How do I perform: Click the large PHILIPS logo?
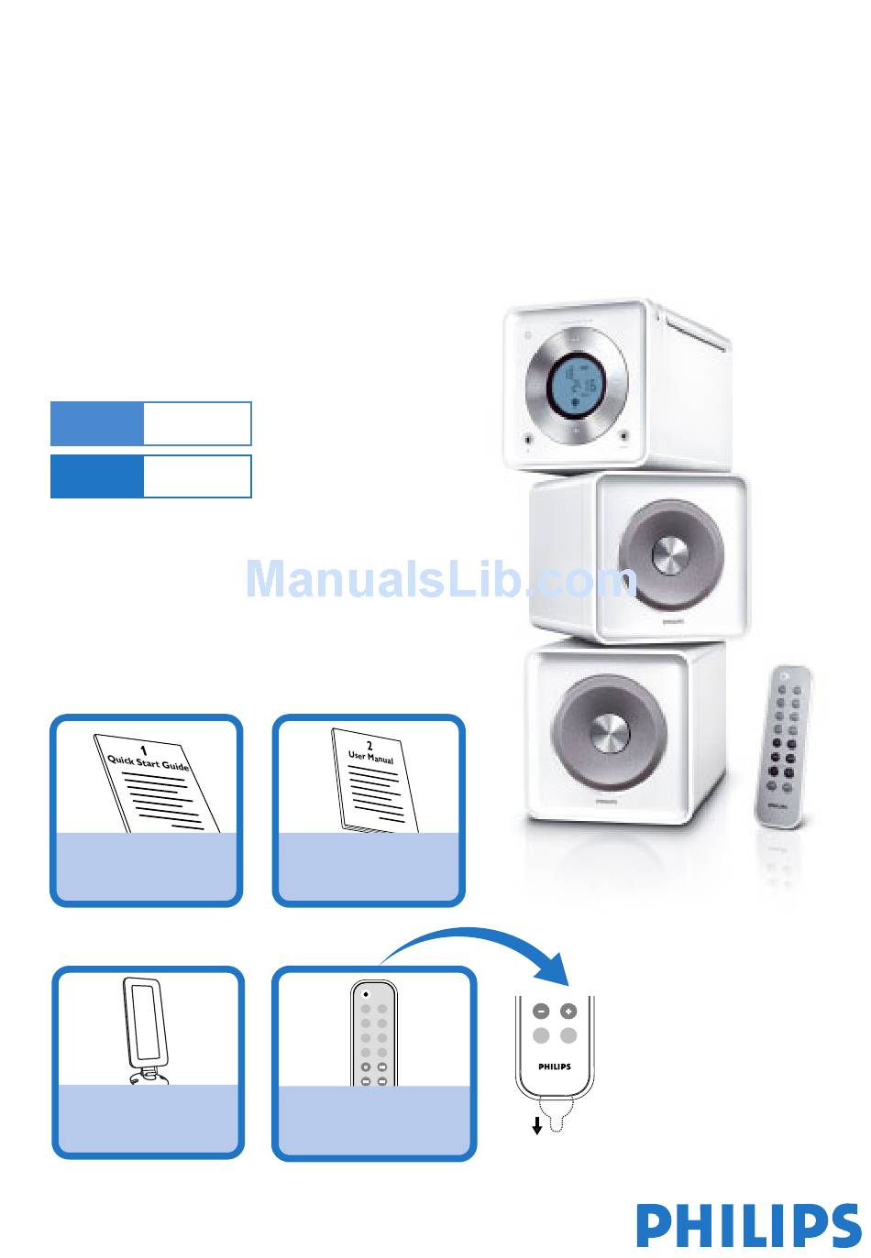coord(748,1225)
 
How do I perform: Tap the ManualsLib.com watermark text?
coord(440,580)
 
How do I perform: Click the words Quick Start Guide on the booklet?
coord(149,762)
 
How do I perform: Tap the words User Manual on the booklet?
coord(371,758)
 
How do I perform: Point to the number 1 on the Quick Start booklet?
coord(144,750)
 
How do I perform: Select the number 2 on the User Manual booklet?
coord(369,746)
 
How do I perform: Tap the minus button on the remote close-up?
coord(541,1012)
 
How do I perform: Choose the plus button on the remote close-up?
coord(568,1012)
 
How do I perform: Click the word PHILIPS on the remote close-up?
coord(555,1067)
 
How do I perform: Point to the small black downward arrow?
coord(537,1124)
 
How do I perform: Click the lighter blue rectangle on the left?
coord(96,424)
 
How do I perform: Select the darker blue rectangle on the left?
coord(96,476)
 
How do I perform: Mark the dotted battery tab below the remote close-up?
coord(556,1117)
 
